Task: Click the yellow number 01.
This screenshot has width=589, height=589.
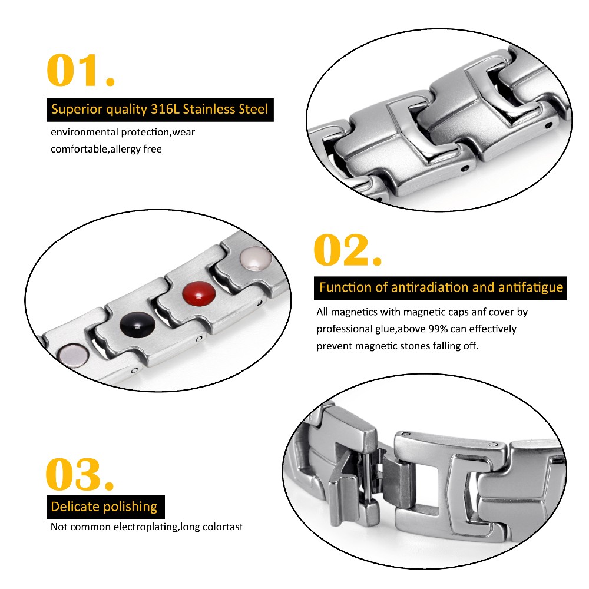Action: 80,70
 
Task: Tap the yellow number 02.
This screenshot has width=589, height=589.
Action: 348,250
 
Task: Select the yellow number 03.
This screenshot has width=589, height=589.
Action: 80,474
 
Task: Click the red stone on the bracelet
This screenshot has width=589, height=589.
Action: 198,293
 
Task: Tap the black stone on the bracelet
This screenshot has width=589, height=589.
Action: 137,324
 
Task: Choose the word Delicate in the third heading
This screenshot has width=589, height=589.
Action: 75,507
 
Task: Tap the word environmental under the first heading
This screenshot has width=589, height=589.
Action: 84,132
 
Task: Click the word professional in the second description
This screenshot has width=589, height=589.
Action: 345,329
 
